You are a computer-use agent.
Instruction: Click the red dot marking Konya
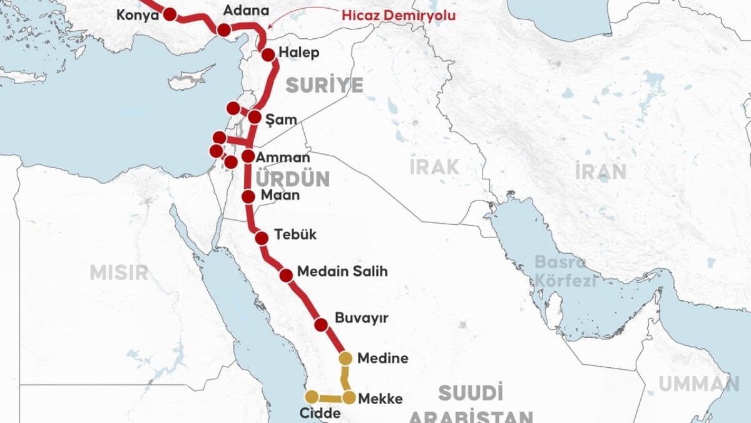tap(169, 13)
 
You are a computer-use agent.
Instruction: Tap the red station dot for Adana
tap(223, 30)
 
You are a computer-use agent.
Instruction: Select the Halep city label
tap(299, 53)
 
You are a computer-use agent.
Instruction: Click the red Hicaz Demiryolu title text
tap(399, 15)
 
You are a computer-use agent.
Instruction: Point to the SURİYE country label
tap(324, 85)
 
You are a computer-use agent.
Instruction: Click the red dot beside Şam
tap(255, 117)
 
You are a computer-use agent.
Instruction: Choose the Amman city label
tap(282, 157)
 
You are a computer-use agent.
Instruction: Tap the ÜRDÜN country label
tap(292, 179)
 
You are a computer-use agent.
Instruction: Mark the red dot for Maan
tap(248, 197)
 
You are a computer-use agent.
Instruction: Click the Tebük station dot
tap(262, 237)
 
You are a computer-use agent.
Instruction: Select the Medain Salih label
tap(342, 272)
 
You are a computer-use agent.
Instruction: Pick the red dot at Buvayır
tap(321, 325)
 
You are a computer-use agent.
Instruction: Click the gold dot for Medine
tap(345, 358)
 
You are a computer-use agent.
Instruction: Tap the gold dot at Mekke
tap(349, 397)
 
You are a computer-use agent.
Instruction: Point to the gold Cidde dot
tap(311, 396)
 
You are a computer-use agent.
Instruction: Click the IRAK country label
tap(434, 167)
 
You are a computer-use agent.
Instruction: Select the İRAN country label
tap(600, 171)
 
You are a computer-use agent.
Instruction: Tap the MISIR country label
tap(119, 272)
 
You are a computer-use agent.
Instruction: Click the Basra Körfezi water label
tap(565, 271)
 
